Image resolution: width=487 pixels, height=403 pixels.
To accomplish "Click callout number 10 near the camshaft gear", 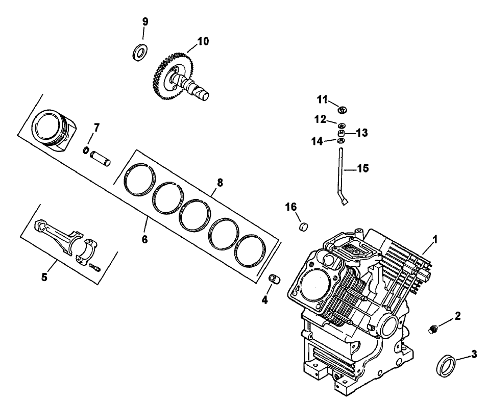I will tap(203, 41).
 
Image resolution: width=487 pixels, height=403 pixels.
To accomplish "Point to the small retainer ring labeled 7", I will tap(87, 150).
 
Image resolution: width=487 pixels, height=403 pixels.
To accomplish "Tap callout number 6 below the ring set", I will tap(144, 239).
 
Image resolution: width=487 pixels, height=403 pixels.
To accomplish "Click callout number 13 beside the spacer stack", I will tap(361, 133).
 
